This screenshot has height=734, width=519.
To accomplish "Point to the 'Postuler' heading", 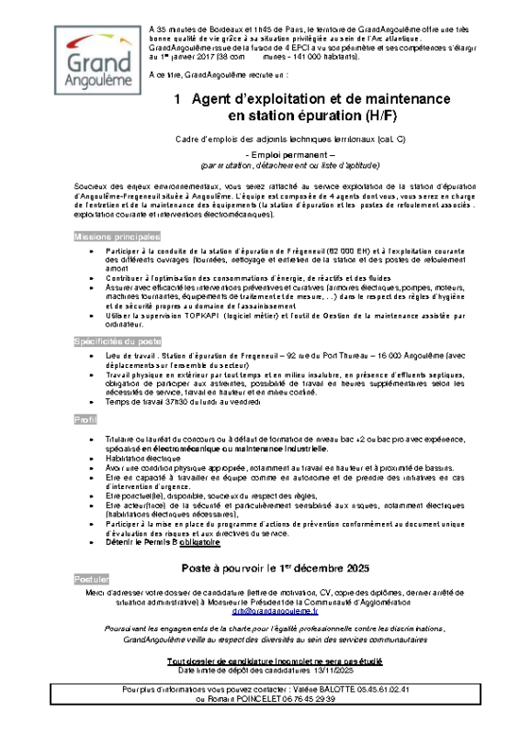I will [92, 581].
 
